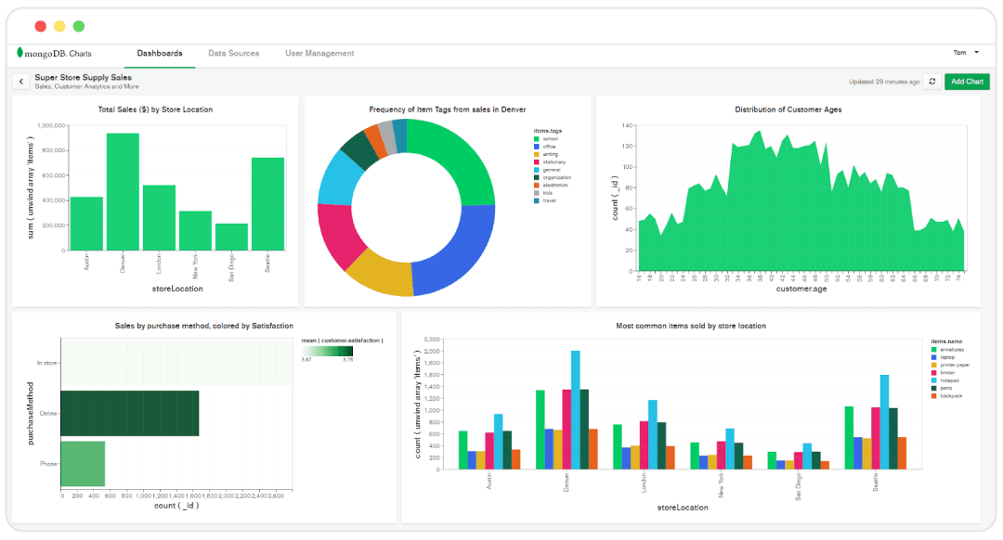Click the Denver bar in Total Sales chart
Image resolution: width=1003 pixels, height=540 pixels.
point(123,192)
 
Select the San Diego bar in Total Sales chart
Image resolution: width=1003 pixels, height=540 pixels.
point(231,237)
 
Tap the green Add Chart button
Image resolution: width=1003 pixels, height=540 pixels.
point(967,82)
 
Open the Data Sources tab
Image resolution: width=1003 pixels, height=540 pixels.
point(234,54)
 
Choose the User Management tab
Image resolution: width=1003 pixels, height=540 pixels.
point(319,54)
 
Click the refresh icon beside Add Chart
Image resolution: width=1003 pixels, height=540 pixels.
point(932,82)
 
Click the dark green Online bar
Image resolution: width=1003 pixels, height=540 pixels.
point(130,413)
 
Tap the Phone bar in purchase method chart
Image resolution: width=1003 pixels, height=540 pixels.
point(83,464)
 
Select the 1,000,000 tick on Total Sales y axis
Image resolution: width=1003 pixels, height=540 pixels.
point(47,125)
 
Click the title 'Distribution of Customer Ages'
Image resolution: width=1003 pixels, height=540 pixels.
point(788,109)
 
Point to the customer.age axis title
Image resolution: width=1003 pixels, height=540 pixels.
point(801,289)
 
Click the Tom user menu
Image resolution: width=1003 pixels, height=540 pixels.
point(966,53)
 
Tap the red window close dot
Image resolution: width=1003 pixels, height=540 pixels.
point(41,27)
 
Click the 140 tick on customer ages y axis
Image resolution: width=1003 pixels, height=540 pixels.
point(627,125)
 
